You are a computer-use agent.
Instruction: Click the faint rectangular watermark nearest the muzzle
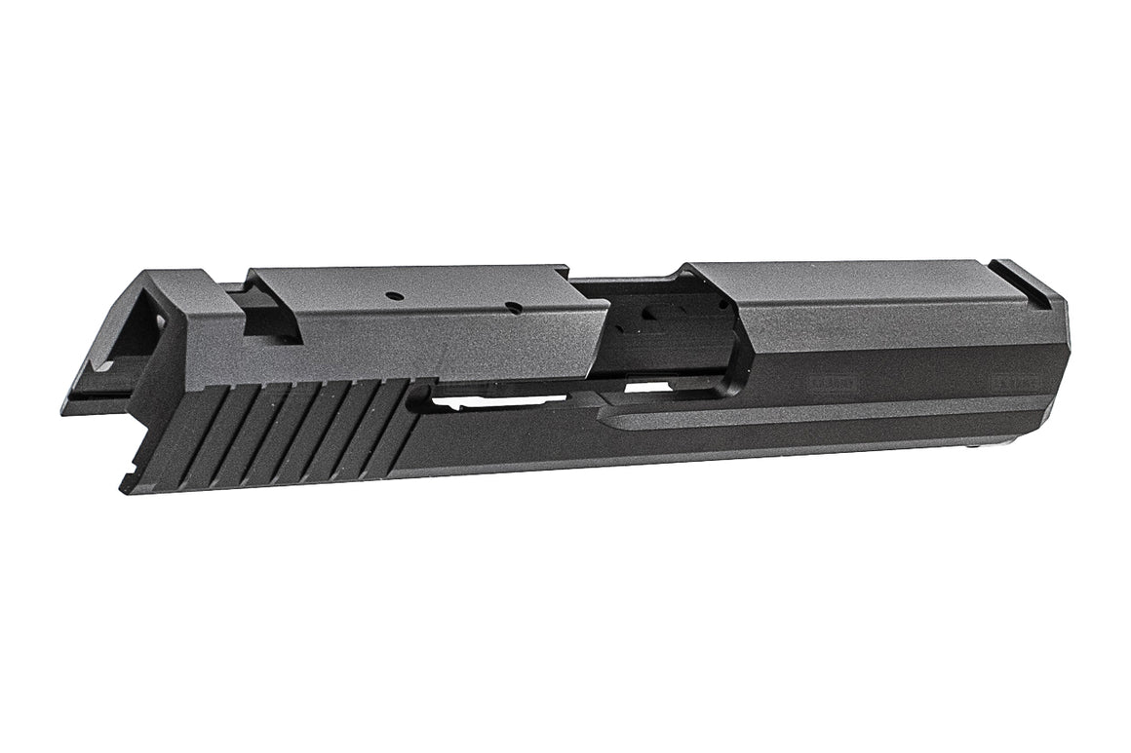click(1005, 374)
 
